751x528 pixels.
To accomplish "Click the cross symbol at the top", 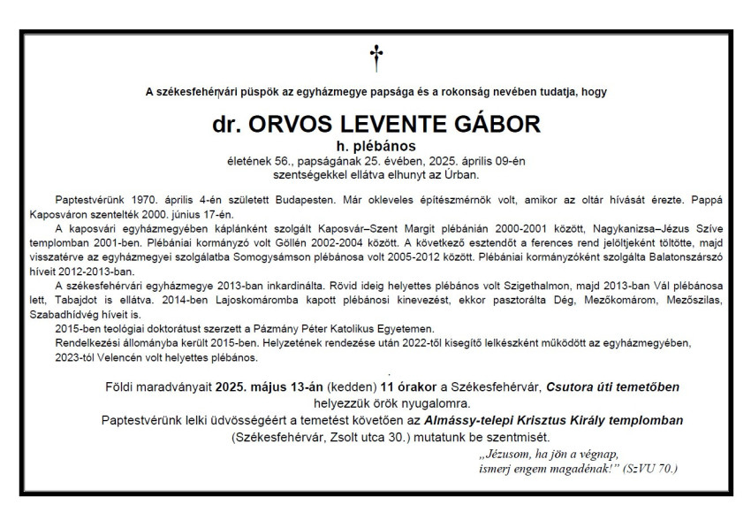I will pyautogui.click(x=376, y=58).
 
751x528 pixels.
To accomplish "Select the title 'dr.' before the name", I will pyautogui.click(x=229, y=124).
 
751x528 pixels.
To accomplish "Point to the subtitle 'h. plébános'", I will pyautogui.click(x=375, y=144).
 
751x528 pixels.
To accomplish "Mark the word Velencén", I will pyautogui.click(x=111, y=357).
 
